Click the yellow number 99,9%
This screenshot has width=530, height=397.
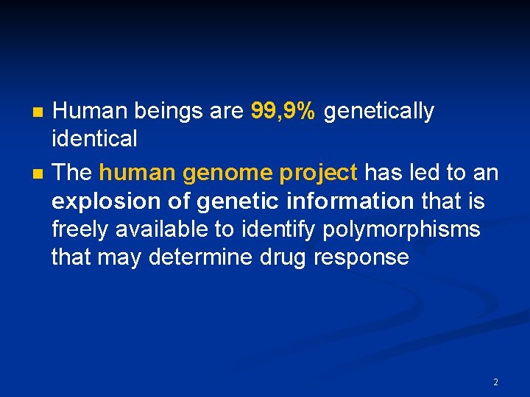283,111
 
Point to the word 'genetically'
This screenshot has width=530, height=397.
379,111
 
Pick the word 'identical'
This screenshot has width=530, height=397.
94,137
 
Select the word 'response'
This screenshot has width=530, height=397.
361,258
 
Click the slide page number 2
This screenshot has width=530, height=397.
495,382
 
